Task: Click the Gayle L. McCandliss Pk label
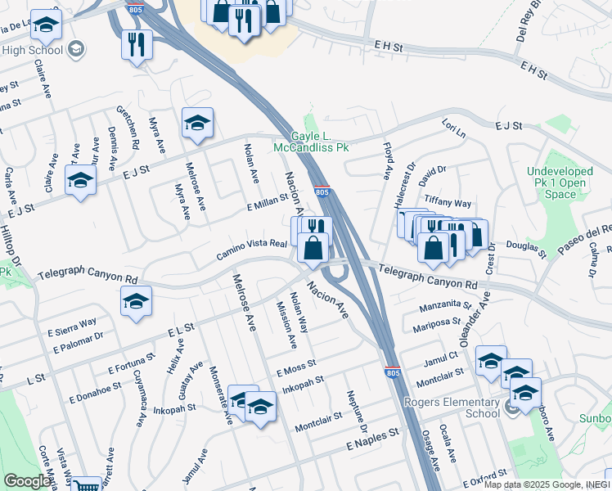coord(320,142)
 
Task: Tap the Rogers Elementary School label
coord(452,408)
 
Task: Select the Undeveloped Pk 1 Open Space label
coord(560,182)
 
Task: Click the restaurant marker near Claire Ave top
coord(137,44)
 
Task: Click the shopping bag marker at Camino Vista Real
coord(313,247)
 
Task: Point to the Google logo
coord(27,481)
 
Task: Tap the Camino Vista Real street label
coord(252,250)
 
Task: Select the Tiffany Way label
coord(447,203)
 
